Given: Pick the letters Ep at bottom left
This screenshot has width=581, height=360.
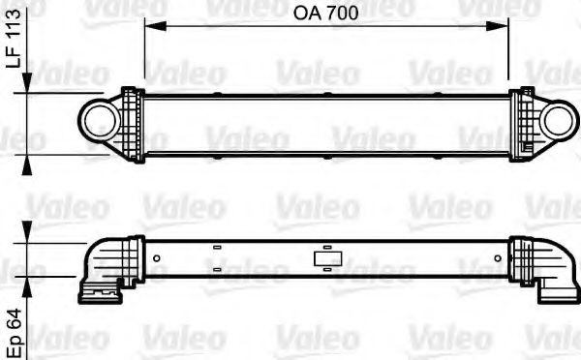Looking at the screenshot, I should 13,344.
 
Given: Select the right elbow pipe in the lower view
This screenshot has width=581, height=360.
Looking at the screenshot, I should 547,266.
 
